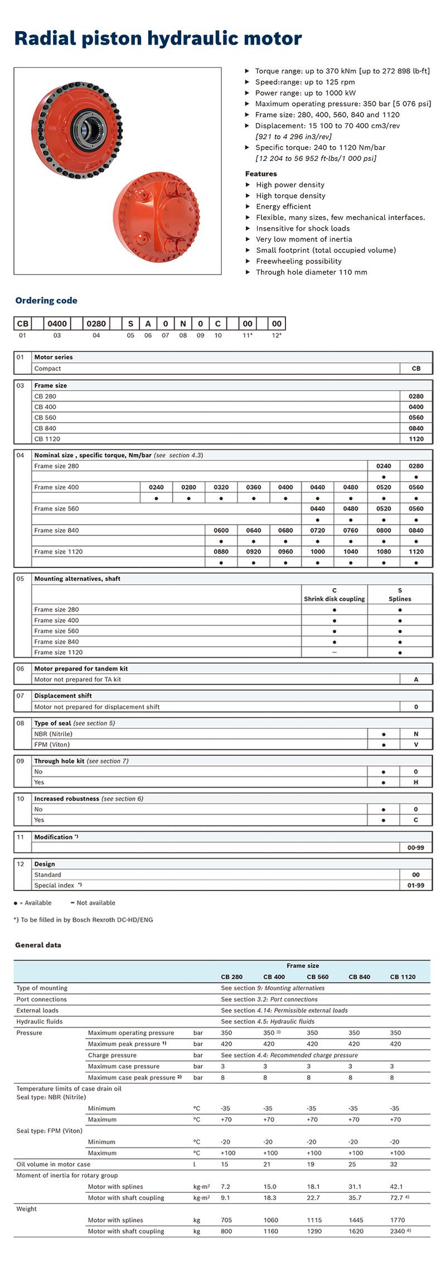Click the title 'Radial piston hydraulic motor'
pos(158,38)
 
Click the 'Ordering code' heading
pos(46,301)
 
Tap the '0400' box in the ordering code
pos(57,324)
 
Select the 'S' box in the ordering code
pos(130,324)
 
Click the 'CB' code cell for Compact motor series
pos(416,369)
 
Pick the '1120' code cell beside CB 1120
pos(416,439)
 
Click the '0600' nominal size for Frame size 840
pos(221,531)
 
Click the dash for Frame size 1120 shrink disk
pos(334,652)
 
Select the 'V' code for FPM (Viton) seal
pos(416,745)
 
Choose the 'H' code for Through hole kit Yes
pos(416,782)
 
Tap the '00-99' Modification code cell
pos(416,848)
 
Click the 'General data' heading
pos(38,945)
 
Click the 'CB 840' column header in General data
pos(359,977)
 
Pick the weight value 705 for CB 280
pos(226,1220)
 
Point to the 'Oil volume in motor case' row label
pos(53,1164)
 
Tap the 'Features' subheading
pos(261,174)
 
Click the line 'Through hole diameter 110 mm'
pos(311,272)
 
